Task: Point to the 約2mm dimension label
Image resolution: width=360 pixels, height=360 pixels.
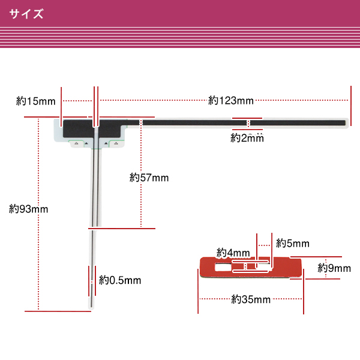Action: coord(247,138)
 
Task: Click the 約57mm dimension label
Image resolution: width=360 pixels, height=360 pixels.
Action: coord(149,178)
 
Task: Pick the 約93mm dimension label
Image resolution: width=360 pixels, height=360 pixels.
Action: coord(28,209)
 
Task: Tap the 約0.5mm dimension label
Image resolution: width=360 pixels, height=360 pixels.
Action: coord(120,280)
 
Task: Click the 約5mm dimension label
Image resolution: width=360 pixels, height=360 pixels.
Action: coord(293,244)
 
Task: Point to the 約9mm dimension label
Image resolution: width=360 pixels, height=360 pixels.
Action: coord(334,268)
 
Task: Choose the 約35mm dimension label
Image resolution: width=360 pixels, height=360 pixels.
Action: coord(251,298)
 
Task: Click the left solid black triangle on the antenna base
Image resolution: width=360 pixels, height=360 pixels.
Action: coord(86,144)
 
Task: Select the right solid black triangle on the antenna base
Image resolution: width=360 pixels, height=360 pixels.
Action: coord(106,144)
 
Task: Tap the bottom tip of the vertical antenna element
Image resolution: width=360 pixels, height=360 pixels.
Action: coord(91,307)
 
